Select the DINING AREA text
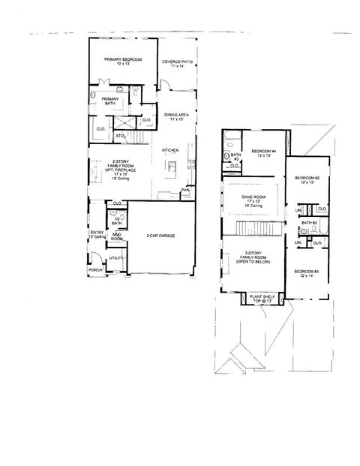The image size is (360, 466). click(x=178, y=114)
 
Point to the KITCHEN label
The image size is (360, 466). click(x=170, y=151)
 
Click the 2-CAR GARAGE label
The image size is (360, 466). click(x=160, y=236)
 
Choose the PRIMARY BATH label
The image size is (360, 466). click(x=110, y=101)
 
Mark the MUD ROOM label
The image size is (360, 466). click(x=117, y=237)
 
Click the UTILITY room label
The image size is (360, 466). click(x=115, y=257)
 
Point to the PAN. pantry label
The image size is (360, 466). click(x=184, y=191)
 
